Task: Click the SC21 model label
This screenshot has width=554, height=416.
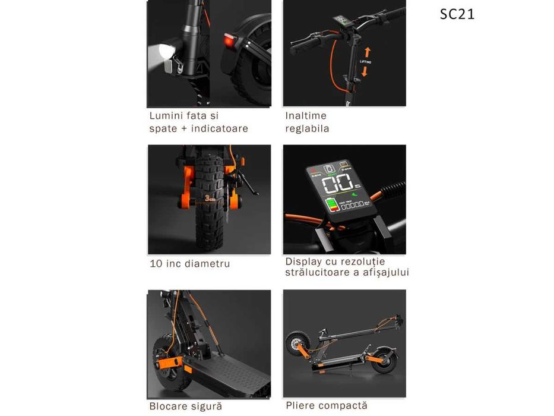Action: pyautogui.click(x=457, y=14)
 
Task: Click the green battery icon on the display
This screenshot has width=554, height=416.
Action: pyautogui.click(x=331, y=206)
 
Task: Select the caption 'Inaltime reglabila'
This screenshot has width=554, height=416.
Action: pyautogui.click(x=307, y=122)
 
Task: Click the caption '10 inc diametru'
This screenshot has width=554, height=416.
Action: pyautogui.click(x=189, y=263)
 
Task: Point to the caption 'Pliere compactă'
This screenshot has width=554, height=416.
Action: pyautogui.click(x=326, y=405)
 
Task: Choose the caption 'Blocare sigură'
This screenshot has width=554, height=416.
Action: pyautogui.click(x=186, y=406)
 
